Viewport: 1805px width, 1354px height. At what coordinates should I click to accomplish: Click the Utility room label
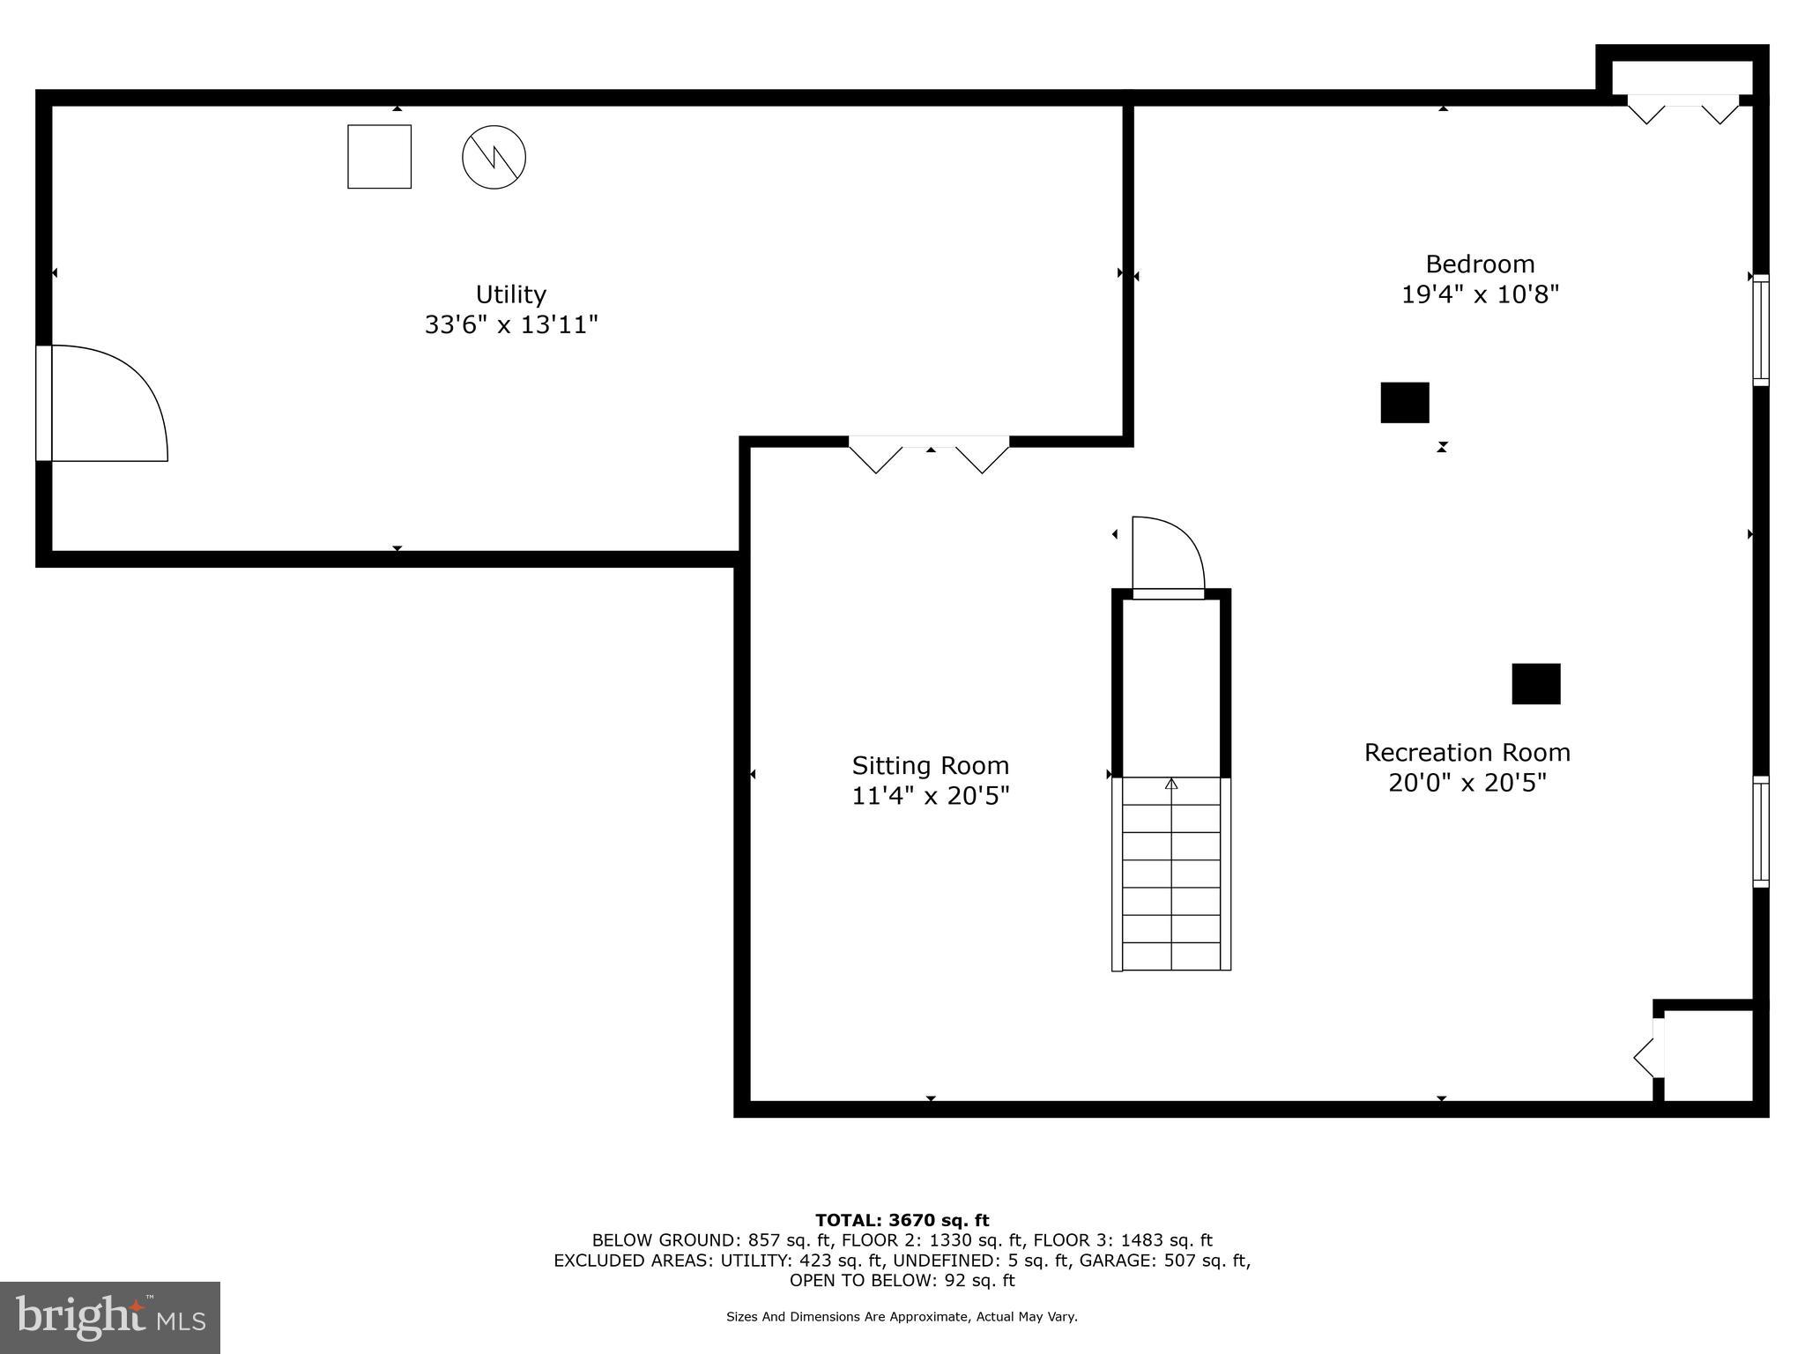(511, 294)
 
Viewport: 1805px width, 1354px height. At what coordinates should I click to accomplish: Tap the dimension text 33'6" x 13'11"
(511, 324)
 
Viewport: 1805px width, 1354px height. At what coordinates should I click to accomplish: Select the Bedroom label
(1480, 264)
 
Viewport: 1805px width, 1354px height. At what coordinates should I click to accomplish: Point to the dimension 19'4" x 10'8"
(1480, 294)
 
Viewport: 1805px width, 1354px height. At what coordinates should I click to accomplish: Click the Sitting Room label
(930, 765)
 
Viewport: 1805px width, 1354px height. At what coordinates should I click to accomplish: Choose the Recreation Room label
(1467, 752)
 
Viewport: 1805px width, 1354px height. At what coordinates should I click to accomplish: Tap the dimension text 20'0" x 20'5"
(1467, 783)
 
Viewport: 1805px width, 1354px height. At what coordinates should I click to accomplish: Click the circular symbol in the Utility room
(494, 158)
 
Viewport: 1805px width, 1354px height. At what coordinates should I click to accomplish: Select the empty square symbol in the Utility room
(379, 157)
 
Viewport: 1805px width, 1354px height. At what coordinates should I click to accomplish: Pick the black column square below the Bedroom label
(1404, 403)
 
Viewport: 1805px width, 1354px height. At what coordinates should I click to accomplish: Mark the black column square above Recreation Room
(1535, 684)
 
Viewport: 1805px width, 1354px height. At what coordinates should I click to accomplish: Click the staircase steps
(1171, 873)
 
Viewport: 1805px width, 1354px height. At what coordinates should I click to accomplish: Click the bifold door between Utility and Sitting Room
(929, 453)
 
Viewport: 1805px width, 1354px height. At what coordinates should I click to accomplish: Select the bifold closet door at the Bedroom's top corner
(1682, 109)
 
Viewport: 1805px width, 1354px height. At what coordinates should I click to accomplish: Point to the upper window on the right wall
(1760, 331)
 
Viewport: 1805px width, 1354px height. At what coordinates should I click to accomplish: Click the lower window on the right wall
(1760, 831)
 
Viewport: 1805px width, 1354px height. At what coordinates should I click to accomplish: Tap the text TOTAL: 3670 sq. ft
(902, 1220)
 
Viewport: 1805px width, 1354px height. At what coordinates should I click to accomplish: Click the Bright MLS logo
(110, 1317)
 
